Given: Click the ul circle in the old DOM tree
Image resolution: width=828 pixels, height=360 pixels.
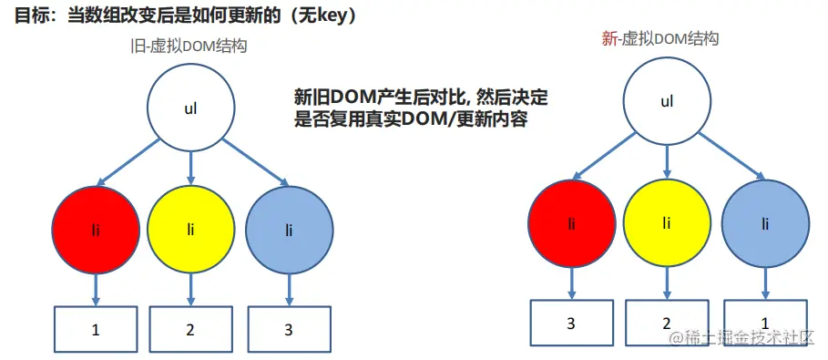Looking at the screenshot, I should (x=190, y=108).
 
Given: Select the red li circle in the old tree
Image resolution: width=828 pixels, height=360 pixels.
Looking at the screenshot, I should (x=95, y=228).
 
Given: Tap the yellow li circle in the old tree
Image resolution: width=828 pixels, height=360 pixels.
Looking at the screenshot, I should (x=190, y=228).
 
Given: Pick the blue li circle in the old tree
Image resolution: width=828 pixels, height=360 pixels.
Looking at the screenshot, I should (x=289, y=228).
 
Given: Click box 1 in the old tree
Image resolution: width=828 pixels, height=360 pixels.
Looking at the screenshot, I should (x=95, y=330).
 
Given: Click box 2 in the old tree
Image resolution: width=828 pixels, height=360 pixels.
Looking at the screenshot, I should (x=190, y=330).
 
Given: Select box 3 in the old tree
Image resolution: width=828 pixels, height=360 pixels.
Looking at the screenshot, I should (x=289, y=330).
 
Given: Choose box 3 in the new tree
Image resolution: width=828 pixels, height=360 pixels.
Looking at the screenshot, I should (x=571, y=323).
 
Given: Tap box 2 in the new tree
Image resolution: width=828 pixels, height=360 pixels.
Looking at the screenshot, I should (x=666, y=323).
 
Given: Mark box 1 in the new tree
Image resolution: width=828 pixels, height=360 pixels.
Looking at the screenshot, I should (x=764, y=323).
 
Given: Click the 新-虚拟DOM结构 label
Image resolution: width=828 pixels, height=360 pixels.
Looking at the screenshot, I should (x=661, y=38).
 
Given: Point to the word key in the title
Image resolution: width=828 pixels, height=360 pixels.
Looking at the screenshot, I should (x=333, y=15).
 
